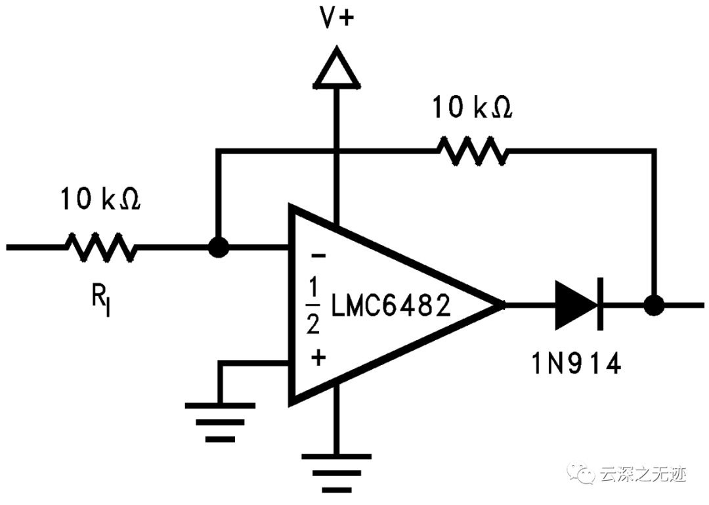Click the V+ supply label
click(336, 18)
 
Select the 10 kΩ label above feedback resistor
click(471, 108)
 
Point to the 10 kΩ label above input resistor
click(100, 198)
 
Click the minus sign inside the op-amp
click(317, 256)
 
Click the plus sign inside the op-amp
click(318, 358)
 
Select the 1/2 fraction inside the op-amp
click(314, 306)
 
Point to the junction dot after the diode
click(653, 305)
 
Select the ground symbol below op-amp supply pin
click(336, 469)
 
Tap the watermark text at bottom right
click(643, 474)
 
